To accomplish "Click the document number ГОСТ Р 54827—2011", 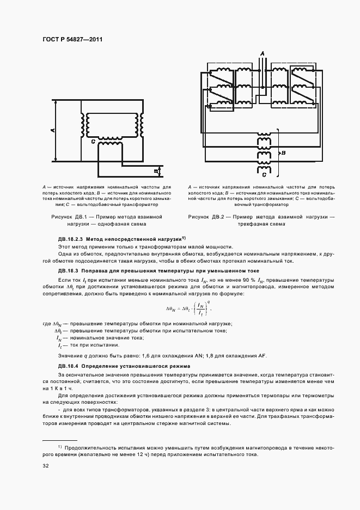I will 72,40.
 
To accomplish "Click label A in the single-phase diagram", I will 52,131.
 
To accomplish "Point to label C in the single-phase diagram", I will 93,142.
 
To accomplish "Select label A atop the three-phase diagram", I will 262,53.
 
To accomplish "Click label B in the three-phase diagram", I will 284,154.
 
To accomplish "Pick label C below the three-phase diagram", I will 264,175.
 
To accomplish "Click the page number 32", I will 46,466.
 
